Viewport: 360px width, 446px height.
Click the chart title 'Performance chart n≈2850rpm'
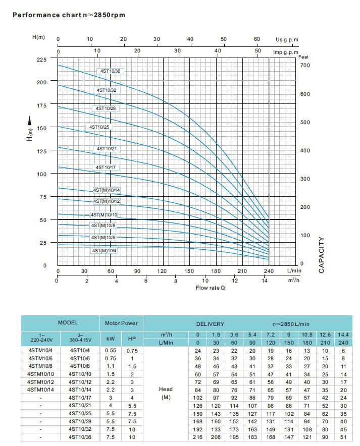(69, 15)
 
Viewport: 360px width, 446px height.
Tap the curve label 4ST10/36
(110, 71)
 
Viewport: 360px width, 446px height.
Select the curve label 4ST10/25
(99, 127)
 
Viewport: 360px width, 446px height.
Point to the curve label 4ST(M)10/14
(107, 190)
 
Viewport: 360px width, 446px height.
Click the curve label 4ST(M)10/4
(104, 251)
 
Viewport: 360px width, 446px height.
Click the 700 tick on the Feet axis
(305, 66)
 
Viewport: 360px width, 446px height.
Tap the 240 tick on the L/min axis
(268, 271)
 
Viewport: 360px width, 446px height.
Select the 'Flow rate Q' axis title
(210, 288)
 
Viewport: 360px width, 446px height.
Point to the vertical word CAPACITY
(322, 255)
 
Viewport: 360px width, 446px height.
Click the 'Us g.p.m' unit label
(287, 39)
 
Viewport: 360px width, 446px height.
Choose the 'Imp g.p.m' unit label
(285, 52)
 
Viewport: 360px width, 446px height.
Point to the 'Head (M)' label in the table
(165, 393)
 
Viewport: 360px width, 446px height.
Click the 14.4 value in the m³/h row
(343, 334)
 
